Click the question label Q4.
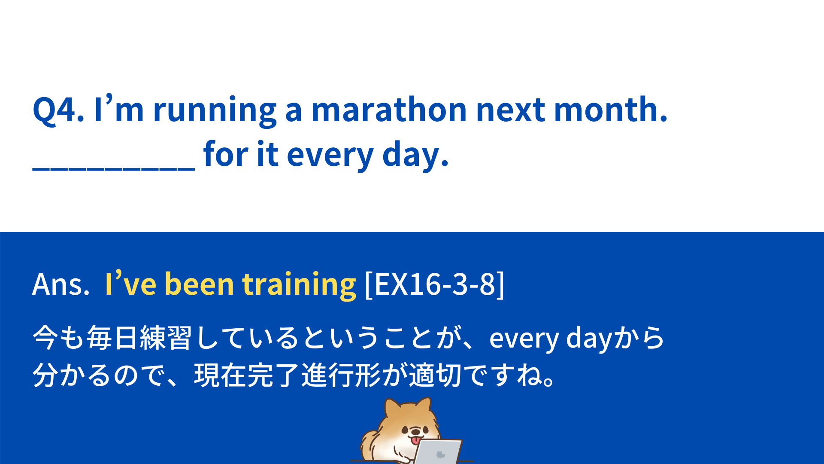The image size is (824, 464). [58, 110]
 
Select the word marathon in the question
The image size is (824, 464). [389, 110]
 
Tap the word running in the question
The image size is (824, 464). [215, 112]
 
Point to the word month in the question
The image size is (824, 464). [611, 110]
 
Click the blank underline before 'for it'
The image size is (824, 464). [114, 170]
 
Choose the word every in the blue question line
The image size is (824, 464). [330, 156]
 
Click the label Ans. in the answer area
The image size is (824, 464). [61, 284]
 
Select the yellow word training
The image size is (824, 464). [299, 284]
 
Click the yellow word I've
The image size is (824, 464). [131, 284]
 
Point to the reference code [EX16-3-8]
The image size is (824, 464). [434, 284]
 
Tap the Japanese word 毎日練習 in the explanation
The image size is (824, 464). [139, 338]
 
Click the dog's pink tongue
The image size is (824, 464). [415, 440]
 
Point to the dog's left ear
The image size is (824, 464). [393, 408]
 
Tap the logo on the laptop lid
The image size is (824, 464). [439, 455]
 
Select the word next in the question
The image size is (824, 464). [511, 111]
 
